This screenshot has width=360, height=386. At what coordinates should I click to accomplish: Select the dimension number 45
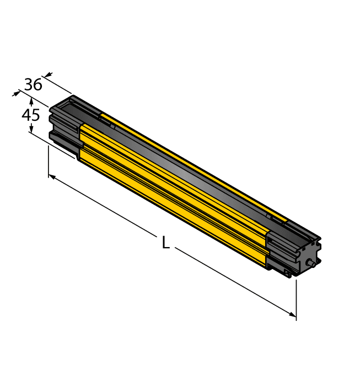pos(30,115)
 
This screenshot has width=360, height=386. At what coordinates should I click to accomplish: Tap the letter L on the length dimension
pos(165,243)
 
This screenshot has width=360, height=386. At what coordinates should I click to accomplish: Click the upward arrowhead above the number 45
pos(31,101)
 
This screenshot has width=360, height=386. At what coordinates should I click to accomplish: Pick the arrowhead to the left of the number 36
pos(15,94)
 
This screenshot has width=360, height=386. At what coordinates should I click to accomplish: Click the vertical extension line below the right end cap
pos(297,298)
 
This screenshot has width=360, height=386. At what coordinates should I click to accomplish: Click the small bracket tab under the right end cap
pos(287,274)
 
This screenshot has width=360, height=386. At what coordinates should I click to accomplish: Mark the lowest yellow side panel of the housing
pos(171,212)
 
